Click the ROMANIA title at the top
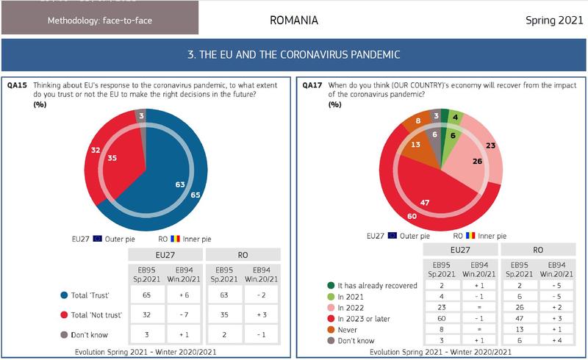294,20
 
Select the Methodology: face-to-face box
99,20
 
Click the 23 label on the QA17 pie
490,145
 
